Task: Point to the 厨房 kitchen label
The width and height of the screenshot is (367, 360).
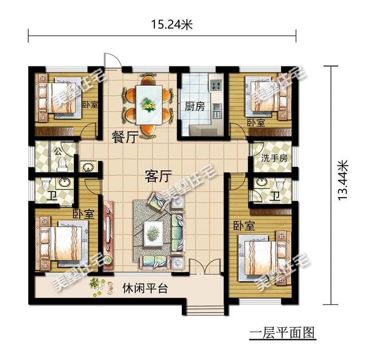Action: pos(194,107)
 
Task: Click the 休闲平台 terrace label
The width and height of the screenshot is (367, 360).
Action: pos(144,288)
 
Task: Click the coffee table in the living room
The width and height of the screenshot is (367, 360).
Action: pos(153,232)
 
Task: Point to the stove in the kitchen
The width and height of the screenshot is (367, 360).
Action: pos(216,87)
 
